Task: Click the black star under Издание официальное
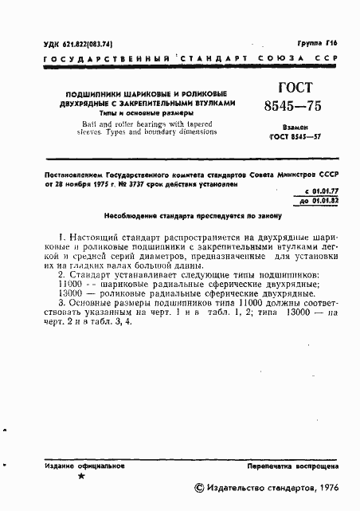pyautogui.click(x=83, y=476)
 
